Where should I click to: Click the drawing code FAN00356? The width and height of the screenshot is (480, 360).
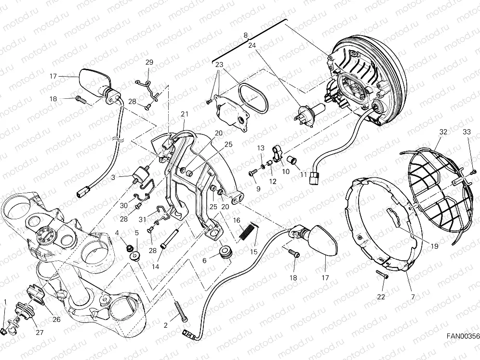[x=462, y=336]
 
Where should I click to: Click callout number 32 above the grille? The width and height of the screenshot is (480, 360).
[x=443, y=132]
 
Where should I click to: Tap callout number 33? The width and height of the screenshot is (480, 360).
[x=467, y=132]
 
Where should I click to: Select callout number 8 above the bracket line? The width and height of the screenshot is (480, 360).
[x=245, y=36]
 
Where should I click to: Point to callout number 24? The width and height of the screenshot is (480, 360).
[x=252, y=45]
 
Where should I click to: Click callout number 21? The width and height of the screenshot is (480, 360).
[x=184, y=114]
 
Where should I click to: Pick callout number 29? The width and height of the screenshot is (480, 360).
[x=149, y=63]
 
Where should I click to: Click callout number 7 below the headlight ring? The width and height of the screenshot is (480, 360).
[x=413, y=297]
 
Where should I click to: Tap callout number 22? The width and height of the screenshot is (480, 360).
[x=381, y=297]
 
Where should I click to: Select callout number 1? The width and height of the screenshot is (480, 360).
[x=5, y=303]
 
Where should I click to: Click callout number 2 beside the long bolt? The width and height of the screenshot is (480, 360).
[x=166, y=325]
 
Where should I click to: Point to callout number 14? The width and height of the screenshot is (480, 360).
[x=156, y=267]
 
